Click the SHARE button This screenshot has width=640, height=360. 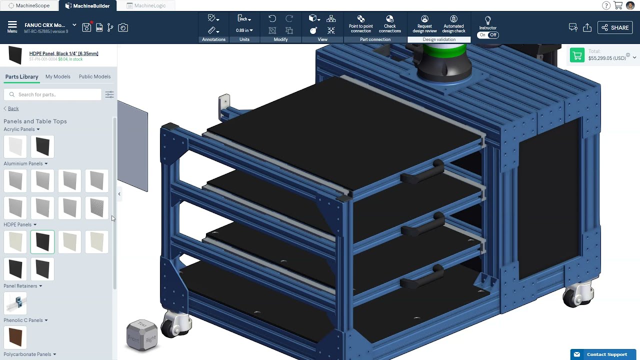(615, 27)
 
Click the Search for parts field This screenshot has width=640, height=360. (57, 94)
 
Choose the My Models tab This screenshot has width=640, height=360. (57, 76)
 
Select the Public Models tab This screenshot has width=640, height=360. (94, 76)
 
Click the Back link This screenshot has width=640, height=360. (13, 108)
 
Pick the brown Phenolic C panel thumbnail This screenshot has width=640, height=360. (15, 337)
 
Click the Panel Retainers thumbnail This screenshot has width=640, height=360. (15, 302)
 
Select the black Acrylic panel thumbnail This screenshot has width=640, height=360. (42, 146)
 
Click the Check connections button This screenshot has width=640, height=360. (389, 25)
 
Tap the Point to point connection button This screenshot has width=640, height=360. (360, 25)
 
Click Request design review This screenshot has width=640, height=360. (424, 25)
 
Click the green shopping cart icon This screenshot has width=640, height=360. (577, 55)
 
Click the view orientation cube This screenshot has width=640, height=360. (141, 334)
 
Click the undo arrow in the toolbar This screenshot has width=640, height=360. (272, 18)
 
